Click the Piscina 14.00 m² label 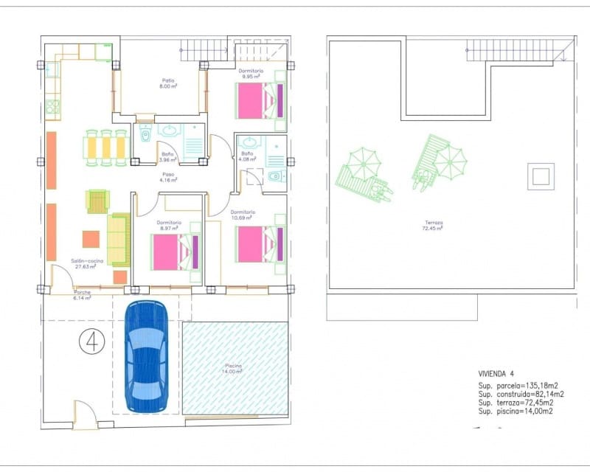click(235, 368)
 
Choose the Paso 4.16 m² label click(169, 177)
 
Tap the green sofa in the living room click(118, 240)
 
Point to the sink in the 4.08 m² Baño click(249, 142)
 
